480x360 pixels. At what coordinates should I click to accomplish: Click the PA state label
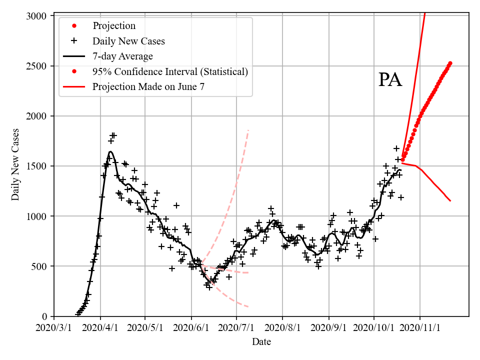[x=390, y=80]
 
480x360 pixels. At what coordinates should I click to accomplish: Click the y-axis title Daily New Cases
[x=15, y=164]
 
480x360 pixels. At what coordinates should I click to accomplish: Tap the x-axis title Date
[x=261, y=342]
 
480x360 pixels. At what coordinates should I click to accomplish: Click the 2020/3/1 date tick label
[x=54, y=328]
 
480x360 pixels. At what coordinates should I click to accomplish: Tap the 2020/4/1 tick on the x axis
[x=100, y=328]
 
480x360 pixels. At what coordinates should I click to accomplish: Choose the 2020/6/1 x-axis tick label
[x=191, y=328]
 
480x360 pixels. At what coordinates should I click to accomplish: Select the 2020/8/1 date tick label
[x=282, y=328]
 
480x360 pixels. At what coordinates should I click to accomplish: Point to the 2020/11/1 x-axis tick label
[x=420, y=328]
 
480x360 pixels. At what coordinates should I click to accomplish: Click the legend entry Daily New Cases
[x=128, y=41]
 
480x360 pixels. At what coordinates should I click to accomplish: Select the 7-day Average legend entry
[x=122, y=56]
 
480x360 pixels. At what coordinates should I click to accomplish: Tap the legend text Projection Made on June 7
[x=148, y=86]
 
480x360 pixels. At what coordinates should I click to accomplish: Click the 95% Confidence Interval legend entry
[x=170, y=71]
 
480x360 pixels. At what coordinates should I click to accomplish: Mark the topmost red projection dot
[x=450, y=63]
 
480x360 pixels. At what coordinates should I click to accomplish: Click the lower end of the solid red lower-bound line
[x=450, y=201]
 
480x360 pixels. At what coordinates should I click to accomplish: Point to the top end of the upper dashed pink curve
[x=248, y=130]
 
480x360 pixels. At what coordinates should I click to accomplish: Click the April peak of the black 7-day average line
[x=110, y=151]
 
